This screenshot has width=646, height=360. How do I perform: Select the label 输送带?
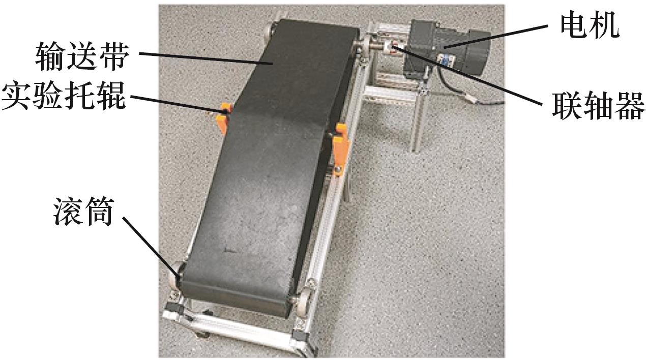(82, 56)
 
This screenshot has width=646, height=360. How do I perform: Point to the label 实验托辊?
(64, 96)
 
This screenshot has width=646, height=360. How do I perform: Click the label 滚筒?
(83, 212)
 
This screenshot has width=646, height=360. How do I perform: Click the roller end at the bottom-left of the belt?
(175, 275)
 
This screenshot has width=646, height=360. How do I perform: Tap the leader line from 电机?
(495, 37)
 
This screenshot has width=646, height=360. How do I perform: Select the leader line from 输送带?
(206, 58)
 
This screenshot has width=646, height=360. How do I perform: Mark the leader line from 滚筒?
(152, 247)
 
